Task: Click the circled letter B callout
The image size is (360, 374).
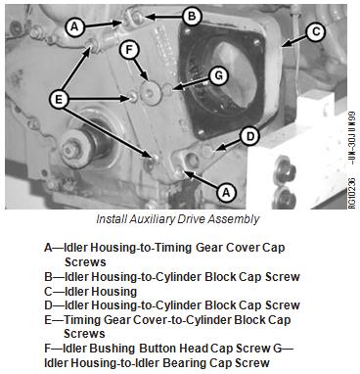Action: [x=192, y=17]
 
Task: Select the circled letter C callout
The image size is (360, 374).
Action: [x=316, y=32]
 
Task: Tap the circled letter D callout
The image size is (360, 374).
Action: [x=249, y=137]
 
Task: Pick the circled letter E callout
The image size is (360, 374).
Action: [x=59, y=99]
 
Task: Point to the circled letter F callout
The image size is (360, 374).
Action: [x=129, y=50]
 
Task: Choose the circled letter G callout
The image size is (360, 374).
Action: [x=218, y=76]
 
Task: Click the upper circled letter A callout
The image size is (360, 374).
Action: [x=74, y=26]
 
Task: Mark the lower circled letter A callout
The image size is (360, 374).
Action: [x=226, y=192]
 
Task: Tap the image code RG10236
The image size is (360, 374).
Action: [x=352, y=193]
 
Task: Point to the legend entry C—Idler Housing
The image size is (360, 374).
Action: [x=91, y=291]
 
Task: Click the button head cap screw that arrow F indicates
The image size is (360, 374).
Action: [x=151, y=94]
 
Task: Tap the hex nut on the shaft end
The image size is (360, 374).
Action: [x=71, y=151]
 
